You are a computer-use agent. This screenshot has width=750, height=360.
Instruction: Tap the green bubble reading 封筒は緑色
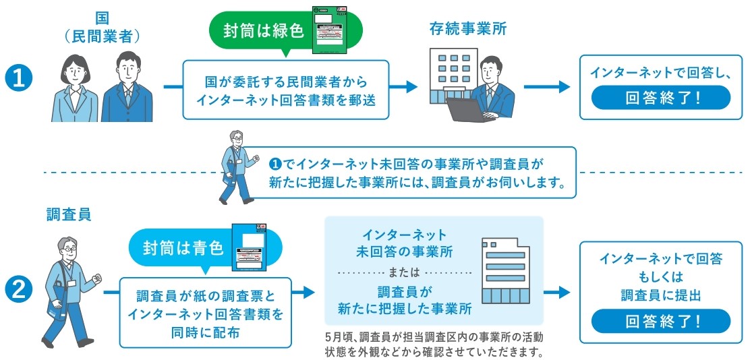(x=263, y=30)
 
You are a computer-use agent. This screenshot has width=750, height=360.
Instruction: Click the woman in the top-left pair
(x=76, y=88)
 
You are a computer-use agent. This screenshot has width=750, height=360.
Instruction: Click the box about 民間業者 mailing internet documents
(x=287, y=90)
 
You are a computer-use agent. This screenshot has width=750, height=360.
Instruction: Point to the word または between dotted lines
(x=404, y=272)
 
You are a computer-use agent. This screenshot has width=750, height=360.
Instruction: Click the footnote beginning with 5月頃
(x=433, y=343)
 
